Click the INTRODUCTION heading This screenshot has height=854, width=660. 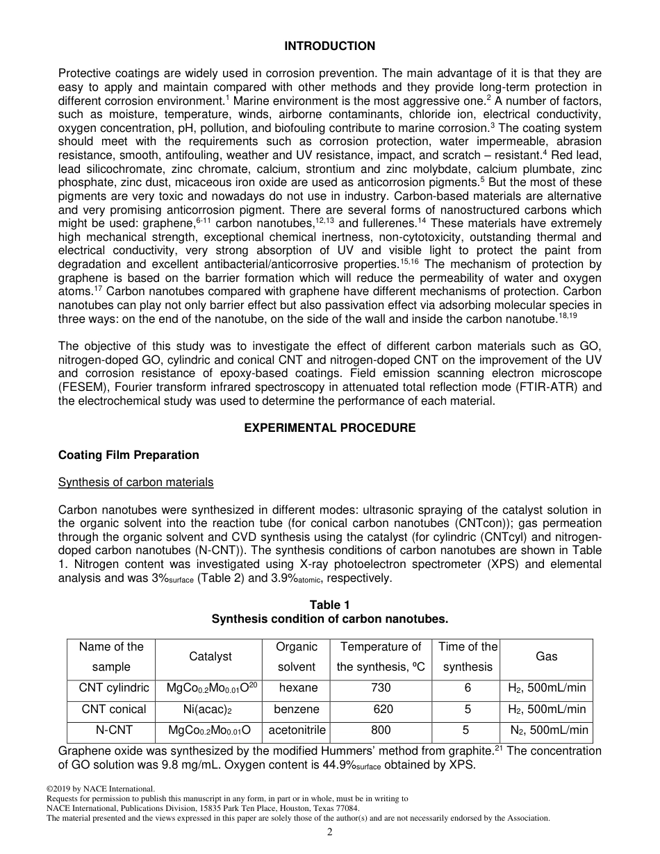click(x=330, y=46)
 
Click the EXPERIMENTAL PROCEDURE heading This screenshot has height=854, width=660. click(x=330, y=428)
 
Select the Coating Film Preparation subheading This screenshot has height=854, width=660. click(x=129, y=455)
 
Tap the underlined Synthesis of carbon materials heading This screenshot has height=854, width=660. click(x=135, y=482)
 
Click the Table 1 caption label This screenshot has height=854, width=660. click(x=330, y=605)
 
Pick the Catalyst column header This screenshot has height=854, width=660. click(x=211, y=656)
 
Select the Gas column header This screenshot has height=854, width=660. click(x=546, y=656)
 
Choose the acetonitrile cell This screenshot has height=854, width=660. click(x=297, y=730)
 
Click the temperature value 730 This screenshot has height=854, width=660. click(x=381, y=688)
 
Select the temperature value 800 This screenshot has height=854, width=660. click(x=381, y=730)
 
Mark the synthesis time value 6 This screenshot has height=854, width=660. click(x=468, y=688)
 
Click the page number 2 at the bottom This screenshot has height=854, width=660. click(x=330, y=833)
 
